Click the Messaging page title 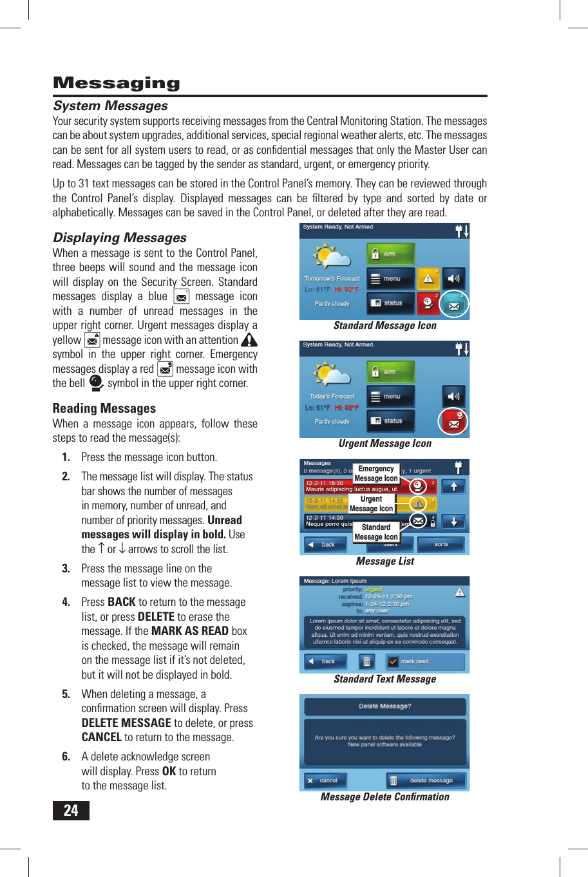117,83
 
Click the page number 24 71,811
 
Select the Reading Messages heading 104,408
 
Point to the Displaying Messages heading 120,238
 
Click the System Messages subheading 110,106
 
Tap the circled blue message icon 454,305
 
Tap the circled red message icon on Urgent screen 453,422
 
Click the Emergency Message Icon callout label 376,473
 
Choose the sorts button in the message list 441,545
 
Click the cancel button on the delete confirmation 325,780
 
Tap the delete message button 426,780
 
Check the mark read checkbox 393,661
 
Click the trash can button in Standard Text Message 366,661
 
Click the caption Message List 384,561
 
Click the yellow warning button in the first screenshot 428,279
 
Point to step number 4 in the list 66,602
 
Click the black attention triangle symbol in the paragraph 249,339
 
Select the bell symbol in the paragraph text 96,383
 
